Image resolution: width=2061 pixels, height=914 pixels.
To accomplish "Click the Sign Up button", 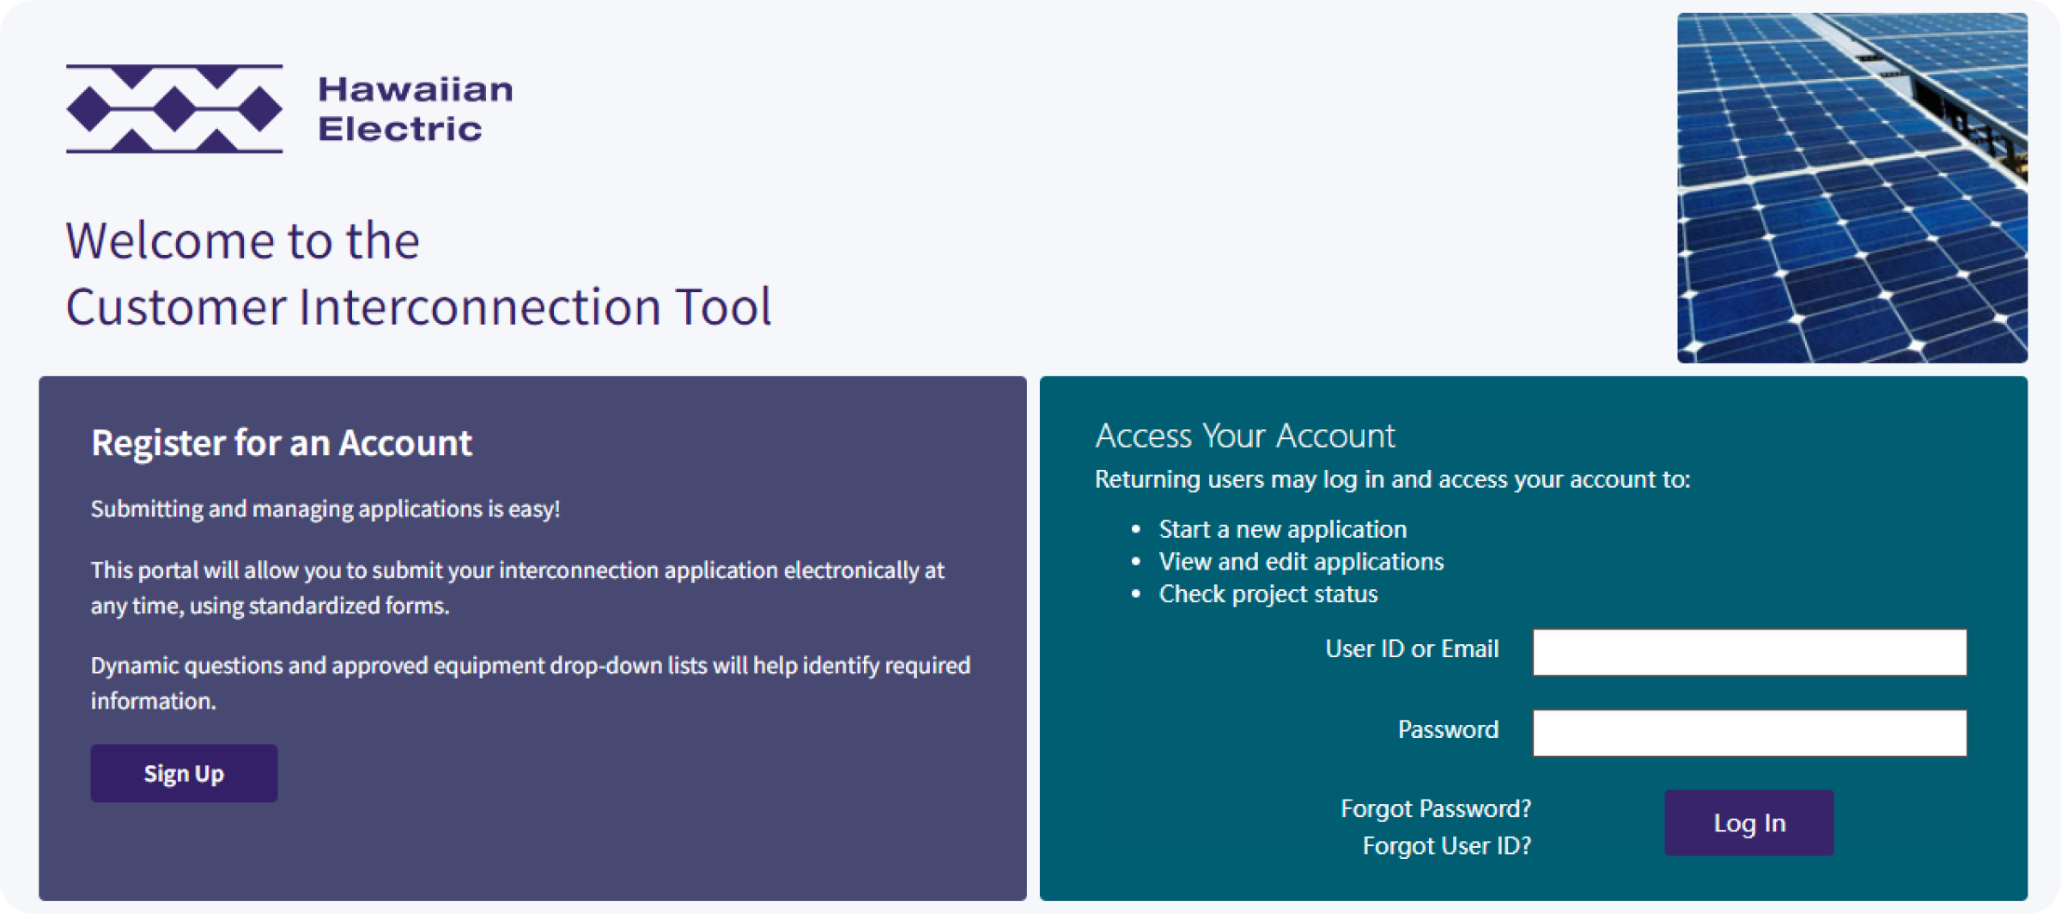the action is pyautogui.click(x=184, y=773).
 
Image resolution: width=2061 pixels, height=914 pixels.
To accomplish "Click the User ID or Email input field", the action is pyautogui.click(x=1749, y=652).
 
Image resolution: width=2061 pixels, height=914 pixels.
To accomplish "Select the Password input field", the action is pyautogui.click(x=1749, y=733).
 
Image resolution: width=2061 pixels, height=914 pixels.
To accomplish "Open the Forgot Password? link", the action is pyautogui.click(x=1436, y=808).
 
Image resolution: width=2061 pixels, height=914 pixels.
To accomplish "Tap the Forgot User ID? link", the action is pyautogui.click(x=1447, y=846).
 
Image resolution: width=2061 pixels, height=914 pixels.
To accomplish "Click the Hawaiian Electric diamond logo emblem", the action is pyautogui.click(x=174, y=109).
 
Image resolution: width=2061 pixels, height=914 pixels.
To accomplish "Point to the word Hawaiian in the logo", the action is pyautogui.click(x=416, y=89).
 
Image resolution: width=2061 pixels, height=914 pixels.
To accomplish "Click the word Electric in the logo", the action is pyautogui.click(x=400, y=129).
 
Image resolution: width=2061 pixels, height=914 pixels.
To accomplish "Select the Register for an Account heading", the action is pyautogui.click(x=282, y=443).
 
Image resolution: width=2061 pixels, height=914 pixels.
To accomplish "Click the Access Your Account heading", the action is pyautogui.click(x=1245, y=436).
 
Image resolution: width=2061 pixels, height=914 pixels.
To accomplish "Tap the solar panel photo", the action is pyautogui.click(x=1852, y=188).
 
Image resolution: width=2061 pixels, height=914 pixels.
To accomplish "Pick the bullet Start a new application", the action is pyautogui.click(x=1283, y=529).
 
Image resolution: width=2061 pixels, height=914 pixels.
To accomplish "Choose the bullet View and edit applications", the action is pyautogui.click(x=1302, y=562).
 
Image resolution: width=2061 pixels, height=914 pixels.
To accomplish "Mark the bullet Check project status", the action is pyautogui.click(x=1268, y=594).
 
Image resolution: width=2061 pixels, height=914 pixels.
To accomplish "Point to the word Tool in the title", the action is pyautogui.click(x=723, y=307).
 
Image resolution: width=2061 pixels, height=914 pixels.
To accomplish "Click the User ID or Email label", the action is pyautogui.click(x=1412, y=649).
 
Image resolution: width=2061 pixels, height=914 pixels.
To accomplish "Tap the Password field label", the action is pyautogui.click(x=1449, y=730).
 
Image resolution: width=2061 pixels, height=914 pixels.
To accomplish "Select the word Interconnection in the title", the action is pyautogui.click(x=480, y=307).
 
